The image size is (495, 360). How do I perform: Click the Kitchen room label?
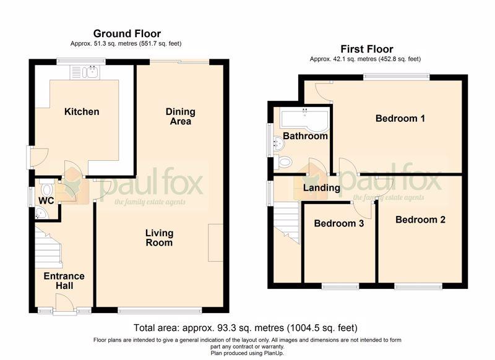[x=82, y=111]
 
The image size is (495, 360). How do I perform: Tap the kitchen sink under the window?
[x=85, y=72]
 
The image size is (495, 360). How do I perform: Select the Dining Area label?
[x=180, y=116]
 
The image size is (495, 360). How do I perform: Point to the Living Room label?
[x=159, y=238]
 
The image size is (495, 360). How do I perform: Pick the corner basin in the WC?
[x=41, y=213]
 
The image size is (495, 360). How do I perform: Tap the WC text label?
[x=46, y=200]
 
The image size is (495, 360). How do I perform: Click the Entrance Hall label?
[x=64, y=281]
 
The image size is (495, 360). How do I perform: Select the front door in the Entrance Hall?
[x=65, y=304]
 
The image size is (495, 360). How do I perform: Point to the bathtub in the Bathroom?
[x=305, y=120]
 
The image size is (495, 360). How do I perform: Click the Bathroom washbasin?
[x=279, y=144]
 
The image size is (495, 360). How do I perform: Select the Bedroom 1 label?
[x=400, y=118]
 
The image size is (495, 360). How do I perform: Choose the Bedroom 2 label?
[x=420, y=220]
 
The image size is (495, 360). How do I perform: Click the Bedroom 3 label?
[x=338, y=223]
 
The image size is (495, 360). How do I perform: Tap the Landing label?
[x=321, y=188]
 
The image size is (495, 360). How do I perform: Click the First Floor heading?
[x=366, y=49]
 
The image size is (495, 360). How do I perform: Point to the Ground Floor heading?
[x=127, y=33]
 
